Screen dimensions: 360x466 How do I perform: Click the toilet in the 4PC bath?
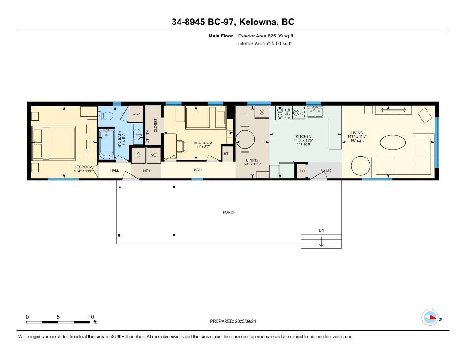[x=106, y=115]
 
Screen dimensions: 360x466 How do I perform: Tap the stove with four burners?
[x=283, y=112]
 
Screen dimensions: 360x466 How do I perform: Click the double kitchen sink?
[x=315, y=112]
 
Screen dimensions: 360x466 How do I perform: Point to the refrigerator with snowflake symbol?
[x=262, y=112]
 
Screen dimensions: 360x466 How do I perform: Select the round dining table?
[x=245, y=139]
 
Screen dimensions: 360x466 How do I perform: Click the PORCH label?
[x=229, y=212]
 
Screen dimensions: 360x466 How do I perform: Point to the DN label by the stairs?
[x=321, y=230]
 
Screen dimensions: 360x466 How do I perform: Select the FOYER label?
[x=324, y=170]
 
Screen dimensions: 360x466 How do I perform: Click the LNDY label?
[x=146, y=170]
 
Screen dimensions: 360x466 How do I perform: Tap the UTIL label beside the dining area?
[x=227, y=154]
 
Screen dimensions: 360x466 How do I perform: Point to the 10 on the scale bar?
[x=91, y=317]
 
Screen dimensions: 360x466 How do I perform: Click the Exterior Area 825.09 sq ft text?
[x=266, y=36]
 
